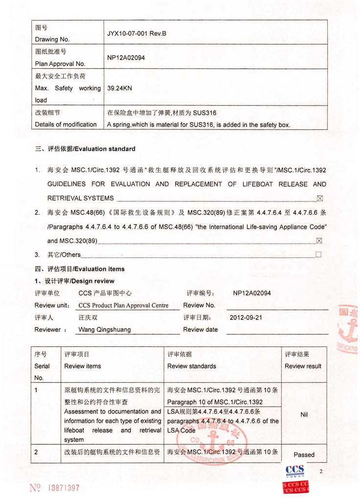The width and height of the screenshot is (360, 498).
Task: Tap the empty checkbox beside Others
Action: tap(318, 255)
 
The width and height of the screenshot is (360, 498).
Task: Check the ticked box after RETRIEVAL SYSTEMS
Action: tap(320, 198)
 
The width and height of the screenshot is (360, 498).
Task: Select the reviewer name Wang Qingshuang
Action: tap(105, 329)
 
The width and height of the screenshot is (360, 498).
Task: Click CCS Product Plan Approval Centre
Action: tap(123, 305)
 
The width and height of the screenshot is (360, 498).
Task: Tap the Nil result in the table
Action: tap(304, 414)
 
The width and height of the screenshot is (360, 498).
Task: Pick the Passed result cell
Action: tap(304, 455)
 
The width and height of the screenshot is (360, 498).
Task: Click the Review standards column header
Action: tap(191, 366)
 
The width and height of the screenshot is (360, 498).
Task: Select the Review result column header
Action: tap(303, 366)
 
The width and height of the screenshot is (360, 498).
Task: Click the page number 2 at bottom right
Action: tap(321, 472)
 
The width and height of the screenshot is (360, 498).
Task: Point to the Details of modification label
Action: tap(66, 125)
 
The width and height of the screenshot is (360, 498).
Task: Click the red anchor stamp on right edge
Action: tap(350, 332)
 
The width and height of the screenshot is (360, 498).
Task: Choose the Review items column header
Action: tap(83, 366)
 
